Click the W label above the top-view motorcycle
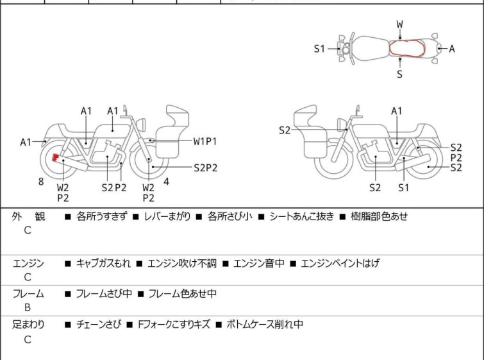[400, 24]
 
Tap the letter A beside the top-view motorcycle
[452, 49]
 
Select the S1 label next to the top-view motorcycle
[320, 49]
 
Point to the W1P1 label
[205, 141]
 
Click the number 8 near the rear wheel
[41, 182]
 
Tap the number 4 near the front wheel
[167, 182]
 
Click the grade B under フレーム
[28, 307]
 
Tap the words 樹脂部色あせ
[379, 217]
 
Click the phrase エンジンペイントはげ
[340, 263]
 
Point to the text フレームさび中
[104, 294]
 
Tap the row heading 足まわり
[29, 325]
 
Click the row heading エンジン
[29, 263]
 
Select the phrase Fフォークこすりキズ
[173, 325]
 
